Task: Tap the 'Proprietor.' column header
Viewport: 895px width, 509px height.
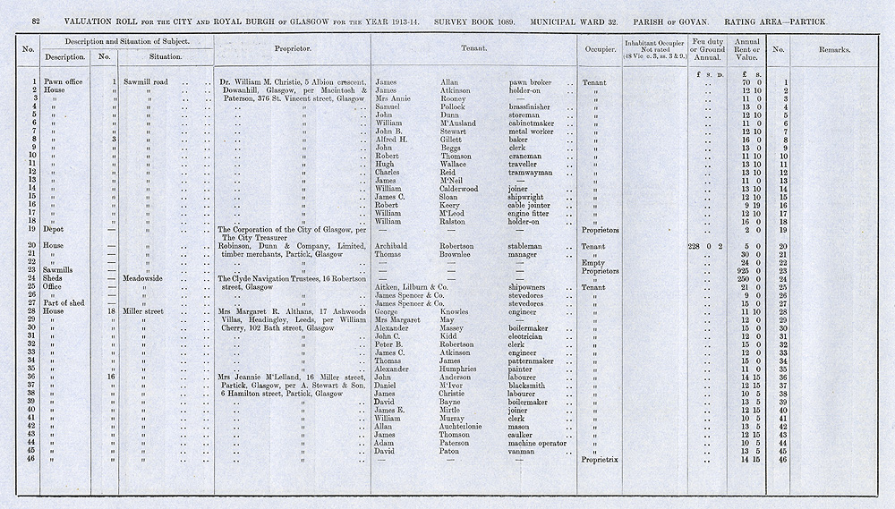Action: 293,50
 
